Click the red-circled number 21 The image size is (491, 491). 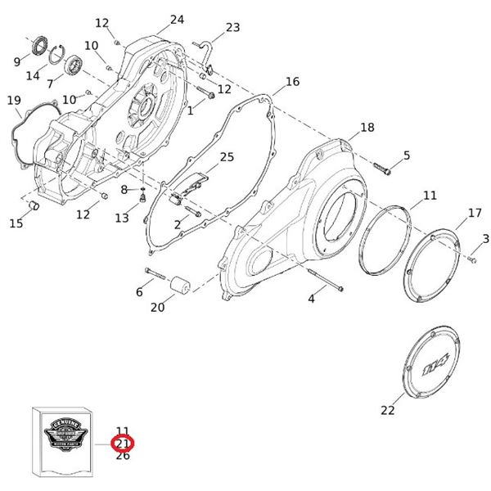(x=123, y=444)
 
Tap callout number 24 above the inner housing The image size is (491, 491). (x=177, y=20)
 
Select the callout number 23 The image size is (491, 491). (x=232, y=27)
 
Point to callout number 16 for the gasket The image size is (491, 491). (x=292, y=82)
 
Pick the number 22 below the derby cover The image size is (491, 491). (x=387, y=410)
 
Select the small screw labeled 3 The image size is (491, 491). (x=472, y=259)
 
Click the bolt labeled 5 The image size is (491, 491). (x=383, y=169)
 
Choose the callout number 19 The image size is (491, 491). (x=13, y=101)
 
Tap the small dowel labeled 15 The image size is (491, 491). (x=35, y=204)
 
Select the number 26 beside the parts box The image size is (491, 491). (x=123, y=456)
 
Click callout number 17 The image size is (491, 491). (x=475, y=214)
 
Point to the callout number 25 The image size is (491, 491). (x=227, y=156)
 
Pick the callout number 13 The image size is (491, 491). (x=122, y=218)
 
